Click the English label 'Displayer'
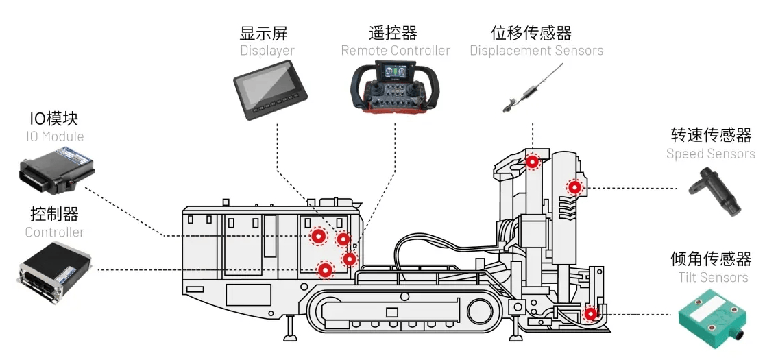click(267, 51)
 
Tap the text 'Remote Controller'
click(396, 51)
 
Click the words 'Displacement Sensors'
click(536, 51)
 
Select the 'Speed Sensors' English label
click(710, 154)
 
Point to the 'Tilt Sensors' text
click(713, 277)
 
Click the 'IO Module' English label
click(55, 136)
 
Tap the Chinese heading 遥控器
click(393, 33)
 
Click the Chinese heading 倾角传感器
click(711, 259)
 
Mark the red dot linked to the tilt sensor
click(590, 315)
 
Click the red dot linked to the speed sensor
click(574, 187)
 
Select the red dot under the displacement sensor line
click(532, 162)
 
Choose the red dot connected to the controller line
click(326, 269)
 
